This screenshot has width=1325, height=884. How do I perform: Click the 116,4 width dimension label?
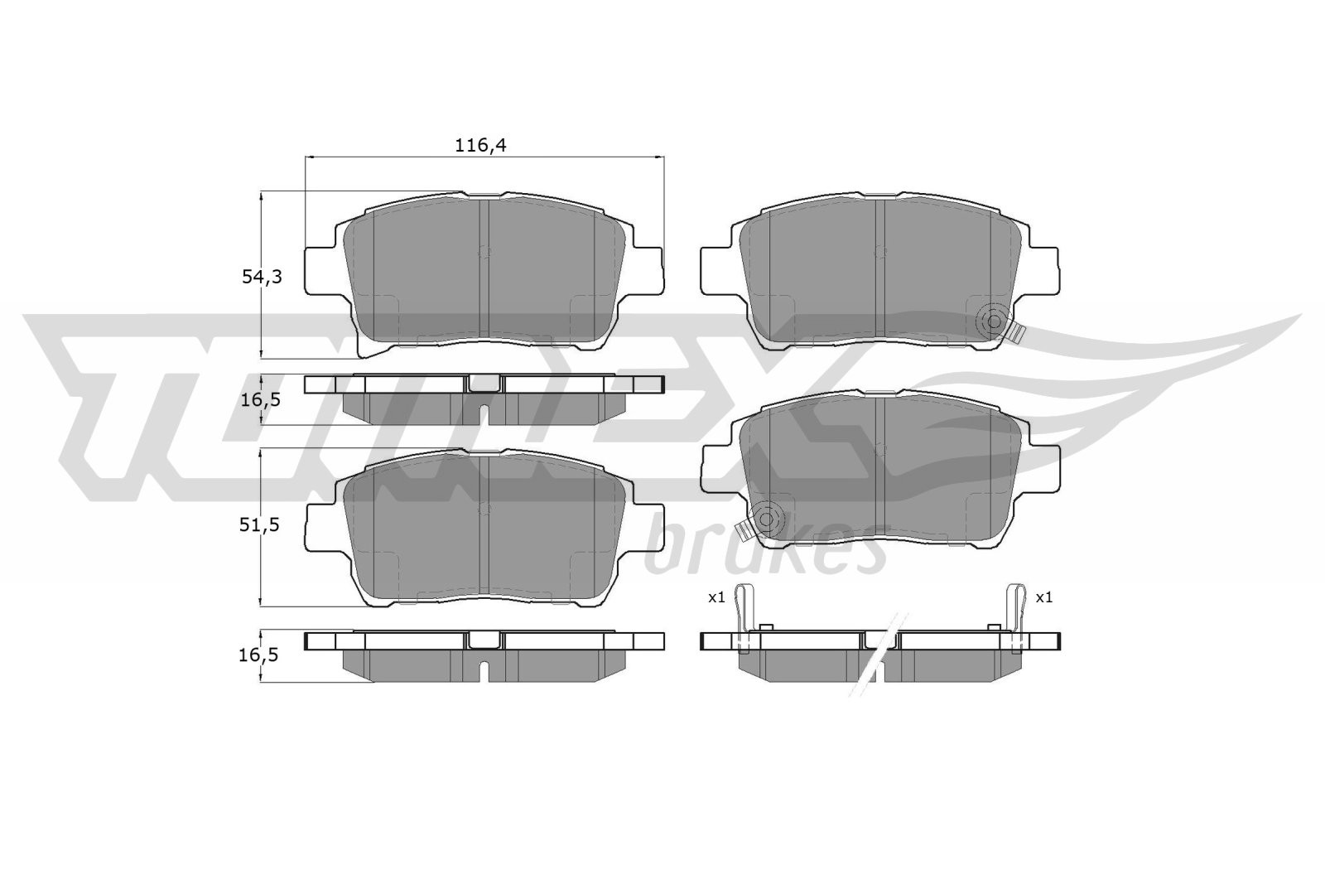[x=480, y=146]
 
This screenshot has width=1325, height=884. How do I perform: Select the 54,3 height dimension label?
[x=262, y=278]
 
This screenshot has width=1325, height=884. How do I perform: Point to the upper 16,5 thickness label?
[x=260, y=399]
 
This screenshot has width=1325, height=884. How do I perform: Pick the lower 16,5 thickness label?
[x=260, y=655]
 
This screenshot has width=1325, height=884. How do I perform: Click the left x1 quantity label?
[x=716, y=597]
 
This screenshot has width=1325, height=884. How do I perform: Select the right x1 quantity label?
[x=1044, y=597]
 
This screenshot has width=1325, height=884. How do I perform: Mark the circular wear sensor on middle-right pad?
[x=767, y=519]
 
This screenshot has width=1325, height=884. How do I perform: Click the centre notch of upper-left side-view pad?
[x=485, y=383]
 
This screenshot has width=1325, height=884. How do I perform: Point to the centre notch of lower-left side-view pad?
[x=485, y=640]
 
